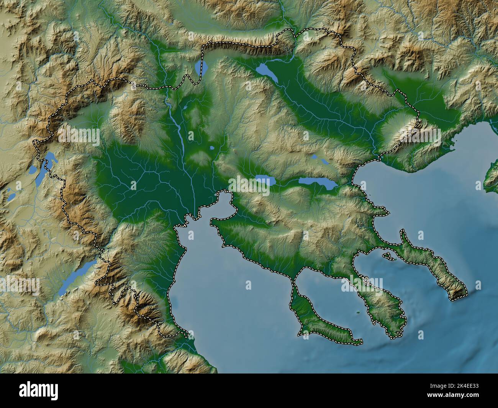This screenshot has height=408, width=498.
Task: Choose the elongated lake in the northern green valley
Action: coord(267,72)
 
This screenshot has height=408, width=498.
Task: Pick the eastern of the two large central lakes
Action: coord(318,183)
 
